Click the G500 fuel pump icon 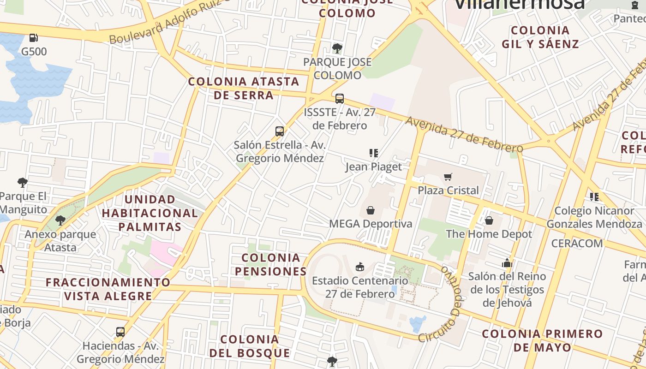(33, 38)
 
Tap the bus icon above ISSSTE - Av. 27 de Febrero (340, 98)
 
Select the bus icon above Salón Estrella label (280, 131)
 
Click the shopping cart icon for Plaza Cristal (448, 177)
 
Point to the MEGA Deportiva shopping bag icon (370, 210)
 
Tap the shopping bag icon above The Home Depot (489, 220)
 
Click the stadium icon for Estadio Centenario (360, 267)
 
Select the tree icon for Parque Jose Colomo (337, 48)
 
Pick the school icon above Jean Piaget (374, 153)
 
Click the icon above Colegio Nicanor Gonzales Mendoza (594, 197)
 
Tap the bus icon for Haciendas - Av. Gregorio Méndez (120, 332)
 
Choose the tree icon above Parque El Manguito (22, 183)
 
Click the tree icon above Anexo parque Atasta (60, 220)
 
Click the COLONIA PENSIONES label (271, 264)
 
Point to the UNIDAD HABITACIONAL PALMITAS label (150, 213)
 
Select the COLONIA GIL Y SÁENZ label (540, 37)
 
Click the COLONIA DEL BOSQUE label (250, 346)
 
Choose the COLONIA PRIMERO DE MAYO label (542, 340)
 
